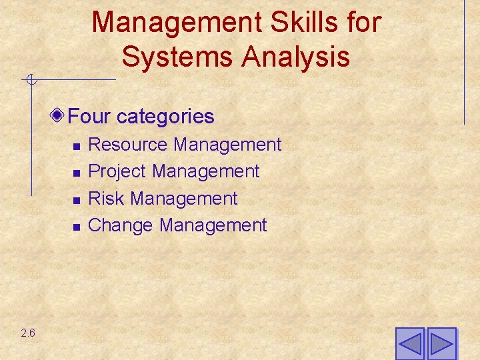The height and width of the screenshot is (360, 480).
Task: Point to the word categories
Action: [165, 117]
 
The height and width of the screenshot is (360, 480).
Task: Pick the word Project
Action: [117, 171]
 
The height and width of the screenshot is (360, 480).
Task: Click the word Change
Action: [121, 225]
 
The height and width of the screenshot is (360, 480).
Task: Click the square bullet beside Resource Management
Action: [77, 146]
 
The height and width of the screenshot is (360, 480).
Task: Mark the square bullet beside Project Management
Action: [77, 173]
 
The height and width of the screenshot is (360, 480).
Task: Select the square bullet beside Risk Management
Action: [77, 200]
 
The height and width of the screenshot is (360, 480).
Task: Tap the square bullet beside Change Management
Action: [77, 227]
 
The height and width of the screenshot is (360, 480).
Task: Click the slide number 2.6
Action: [28, 333]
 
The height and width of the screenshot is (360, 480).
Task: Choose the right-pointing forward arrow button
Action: [441, 344]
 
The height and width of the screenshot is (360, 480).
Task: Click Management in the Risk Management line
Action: [184, 199]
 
